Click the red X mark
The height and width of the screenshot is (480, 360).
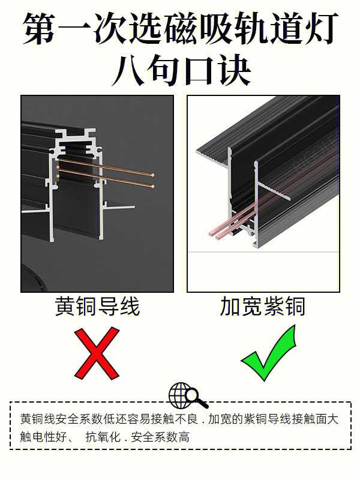pyautogui.click(x=97, y=353)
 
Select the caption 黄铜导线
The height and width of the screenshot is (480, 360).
pyautogui.click(x=97, y=306)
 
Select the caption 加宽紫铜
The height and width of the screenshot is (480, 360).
pyautogui.click(x=263, y=306)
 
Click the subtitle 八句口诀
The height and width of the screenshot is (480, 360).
pyautogui.click(x=181, y=71)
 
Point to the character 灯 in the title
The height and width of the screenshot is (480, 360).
pyautogui.click(x=320, y=28)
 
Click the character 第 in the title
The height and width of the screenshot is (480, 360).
pyautogui.click(x=40, y=28)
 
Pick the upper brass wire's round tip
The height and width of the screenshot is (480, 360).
pyautogui.click(x=152, y=175)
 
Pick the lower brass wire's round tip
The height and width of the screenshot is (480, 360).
pyautogui.click(x=152, y=186)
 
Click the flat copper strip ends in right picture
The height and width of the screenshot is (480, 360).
pyautogui.click(x=217, y=235)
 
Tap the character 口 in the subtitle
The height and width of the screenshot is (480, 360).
pyautogui.click(x=199, y=71)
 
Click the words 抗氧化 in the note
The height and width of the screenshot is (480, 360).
pyautogui.click(x=103, y=437)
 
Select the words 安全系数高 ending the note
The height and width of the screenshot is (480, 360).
pyautogui.click(x=160, y=437)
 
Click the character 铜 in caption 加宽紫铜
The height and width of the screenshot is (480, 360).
pyautogui.click(x=295, y=306)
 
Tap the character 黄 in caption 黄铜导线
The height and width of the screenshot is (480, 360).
pyautogui.click(x=65, y=306)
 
